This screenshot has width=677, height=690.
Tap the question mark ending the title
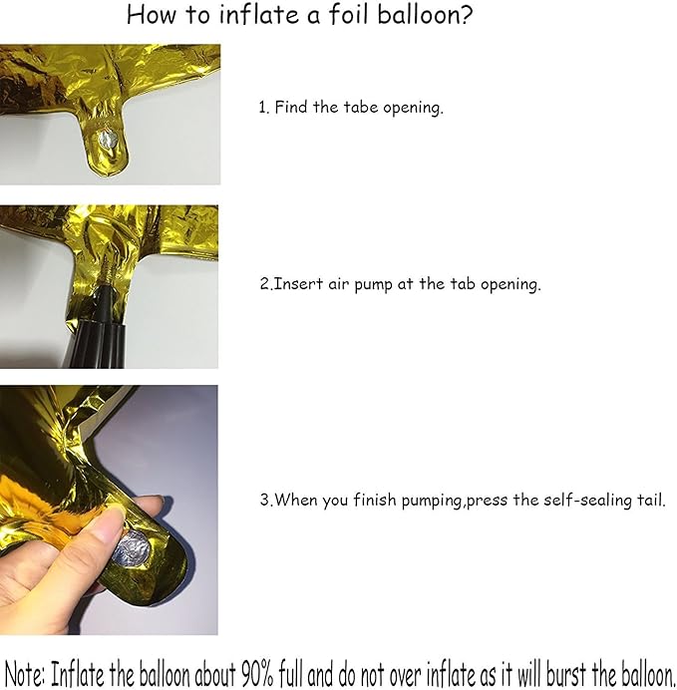(467, 17)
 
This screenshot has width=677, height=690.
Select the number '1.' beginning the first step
(264, 108)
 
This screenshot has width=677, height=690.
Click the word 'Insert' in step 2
(298, 284)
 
